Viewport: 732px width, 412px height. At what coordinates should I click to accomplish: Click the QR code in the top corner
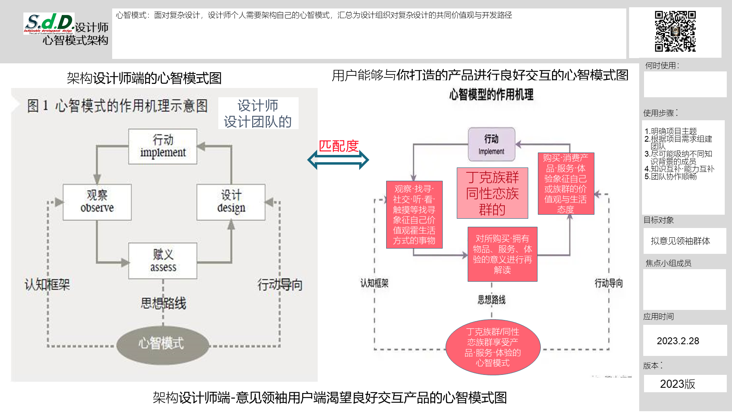point(675,31)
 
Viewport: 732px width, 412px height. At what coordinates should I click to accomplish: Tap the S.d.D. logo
point(49,23)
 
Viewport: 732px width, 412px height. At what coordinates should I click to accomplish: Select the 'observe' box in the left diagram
point(97,202)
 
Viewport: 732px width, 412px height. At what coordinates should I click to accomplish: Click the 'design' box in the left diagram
point(231,202)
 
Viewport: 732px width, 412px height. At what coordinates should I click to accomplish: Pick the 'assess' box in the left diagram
point(163,261)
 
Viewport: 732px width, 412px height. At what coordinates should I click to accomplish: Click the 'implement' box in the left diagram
point(163,146)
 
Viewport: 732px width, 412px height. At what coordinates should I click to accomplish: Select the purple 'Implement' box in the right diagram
point(491,144)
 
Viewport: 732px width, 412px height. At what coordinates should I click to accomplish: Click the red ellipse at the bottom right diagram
point(493,347)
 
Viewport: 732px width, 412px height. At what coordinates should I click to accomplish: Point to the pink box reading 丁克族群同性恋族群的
point(492,193)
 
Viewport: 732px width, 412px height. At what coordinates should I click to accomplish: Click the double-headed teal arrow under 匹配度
point(338,160)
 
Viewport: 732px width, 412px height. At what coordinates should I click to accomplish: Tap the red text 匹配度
point(339,146)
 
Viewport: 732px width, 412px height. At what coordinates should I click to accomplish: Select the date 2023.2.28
point(678,341)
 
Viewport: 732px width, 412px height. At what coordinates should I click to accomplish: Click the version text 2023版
point(678,384)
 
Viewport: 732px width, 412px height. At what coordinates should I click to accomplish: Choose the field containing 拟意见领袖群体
point(680,241)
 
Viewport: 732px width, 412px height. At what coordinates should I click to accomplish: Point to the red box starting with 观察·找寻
point(414,215)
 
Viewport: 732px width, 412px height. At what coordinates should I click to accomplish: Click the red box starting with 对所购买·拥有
point(502,254)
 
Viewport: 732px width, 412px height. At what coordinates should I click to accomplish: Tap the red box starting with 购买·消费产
point(566,184)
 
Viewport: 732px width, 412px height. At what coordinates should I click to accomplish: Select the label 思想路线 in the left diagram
point(163,303)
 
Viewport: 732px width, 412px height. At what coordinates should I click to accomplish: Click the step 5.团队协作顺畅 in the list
point(671,177)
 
